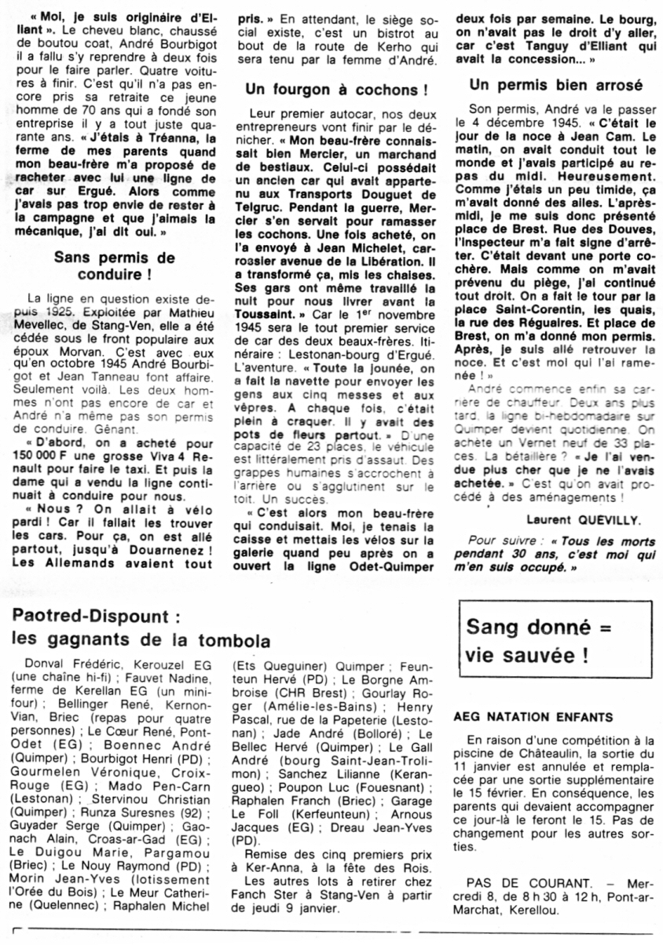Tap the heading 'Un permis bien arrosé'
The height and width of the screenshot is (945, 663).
tap(555, 85)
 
